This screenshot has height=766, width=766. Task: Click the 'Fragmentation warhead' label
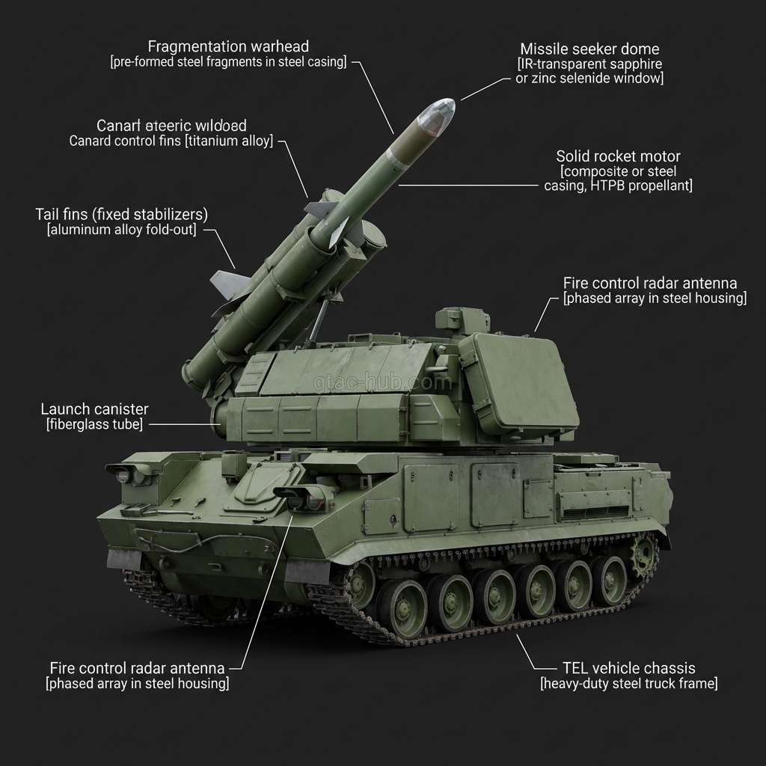point(228,47)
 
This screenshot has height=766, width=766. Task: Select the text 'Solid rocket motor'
point(618,156)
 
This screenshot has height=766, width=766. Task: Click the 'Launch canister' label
point(94,409)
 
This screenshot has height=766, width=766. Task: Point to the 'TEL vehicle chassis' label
point(628,668)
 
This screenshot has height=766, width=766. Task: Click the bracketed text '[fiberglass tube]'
point(94,425)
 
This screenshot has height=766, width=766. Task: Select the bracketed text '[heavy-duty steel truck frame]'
point(628,684)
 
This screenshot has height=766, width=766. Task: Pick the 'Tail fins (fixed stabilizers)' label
point(121,215)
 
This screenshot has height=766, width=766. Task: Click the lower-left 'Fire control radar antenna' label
point(137,668)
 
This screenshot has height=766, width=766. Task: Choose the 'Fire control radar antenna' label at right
point(649,284)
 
